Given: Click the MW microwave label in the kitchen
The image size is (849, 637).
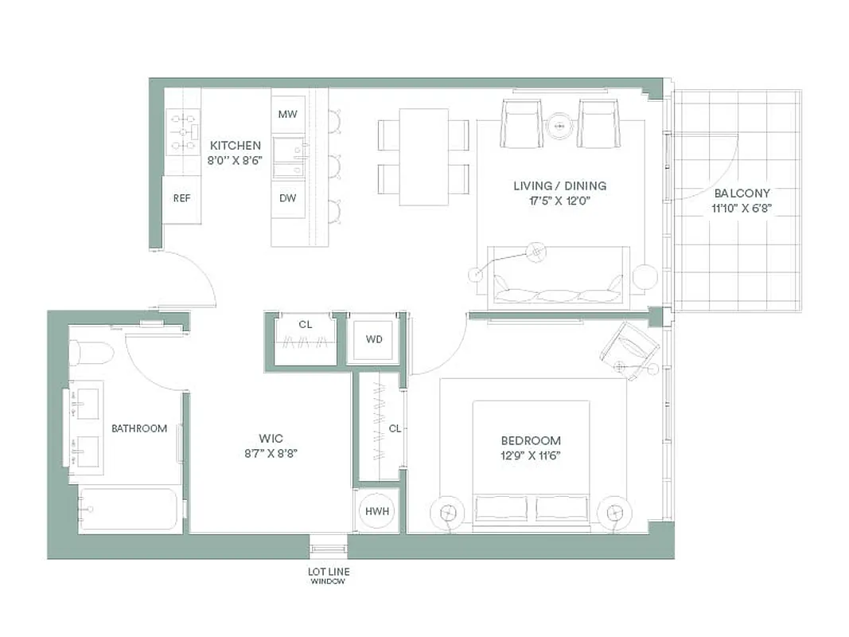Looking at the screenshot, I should (x=287, y=115).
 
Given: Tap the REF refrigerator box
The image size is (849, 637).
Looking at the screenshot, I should (x=181, y=198).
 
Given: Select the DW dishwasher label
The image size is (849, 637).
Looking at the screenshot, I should (x=287, y=198).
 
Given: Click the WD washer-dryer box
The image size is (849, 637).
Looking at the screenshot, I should (x=374, y=340).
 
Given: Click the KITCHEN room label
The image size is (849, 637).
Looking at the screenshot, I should (x=235, y=146).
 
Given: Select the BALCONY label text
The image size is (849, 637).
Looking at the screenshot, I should (x=742, y=193).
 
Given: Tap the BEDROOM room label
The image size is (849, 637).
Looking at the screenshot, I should (x=531, y=440).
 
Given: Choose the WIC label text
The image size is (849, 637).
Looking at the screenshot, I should (x=271, y=439).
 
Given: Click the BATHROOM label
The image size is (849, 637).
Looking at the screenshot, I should (x=139, y=428).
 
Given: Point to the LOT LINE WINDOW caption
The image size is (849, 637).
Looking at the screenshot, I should (x=329, y=576).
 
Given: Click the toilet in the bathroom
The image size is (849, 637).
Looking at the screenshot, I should (x=91, y=352).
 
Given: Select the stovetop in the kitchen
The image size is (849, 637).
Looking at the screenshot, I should (x=182, y=131).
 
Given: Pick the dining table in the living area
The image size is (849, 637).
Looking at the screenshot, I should (x=423, y=157).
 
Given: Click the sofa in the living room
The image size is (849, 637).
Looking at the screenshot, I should (x=558, y=279).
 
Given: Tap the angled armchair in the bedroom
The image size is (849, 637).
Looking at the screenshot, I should (x=630, y=347).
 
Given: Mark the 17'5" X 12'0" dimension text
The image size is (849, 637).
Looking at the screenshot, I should (x=559, y=201).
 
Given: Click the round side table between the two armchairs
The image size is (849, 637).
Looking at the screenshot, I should (x=559, y=125).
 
